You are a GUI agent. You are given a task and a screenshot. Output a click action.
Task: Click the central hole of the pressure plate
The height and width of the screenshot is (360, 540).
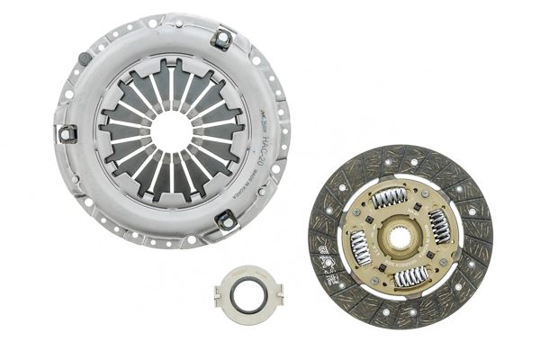coord(171,128)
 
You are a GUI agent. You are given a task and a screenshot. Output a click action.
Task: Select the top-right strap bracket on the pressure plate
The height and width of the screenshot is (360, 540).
coord(220,38)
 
